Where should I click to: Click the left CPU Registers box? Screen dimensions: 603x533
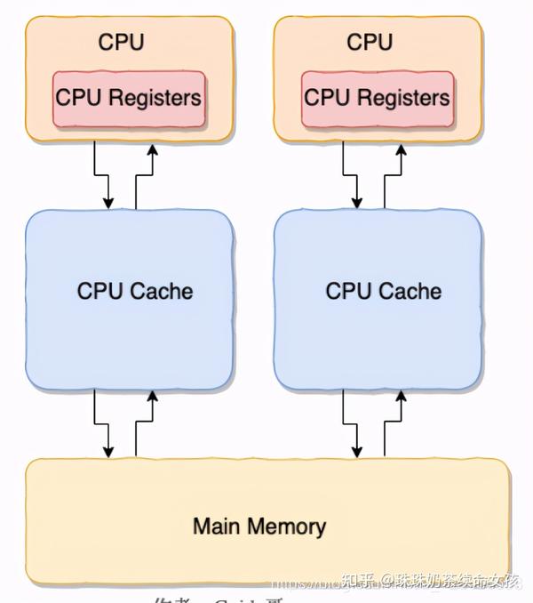click(130, 98)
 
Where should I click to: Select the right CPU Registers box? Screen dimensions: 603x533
click(378, 98)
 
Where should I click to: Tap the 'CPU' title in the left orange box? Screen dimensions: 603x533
click(121, 42)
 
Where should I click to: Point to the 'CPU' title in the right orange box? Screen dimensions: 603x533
click(370, 42)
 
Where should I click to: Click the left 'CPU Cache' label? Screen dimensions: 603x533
click(135, 291)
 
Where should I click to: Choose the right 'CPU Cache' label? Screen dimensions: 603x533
click(384, 291)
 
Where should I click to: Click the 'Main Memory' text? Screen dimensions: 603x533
click(259, 526)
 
